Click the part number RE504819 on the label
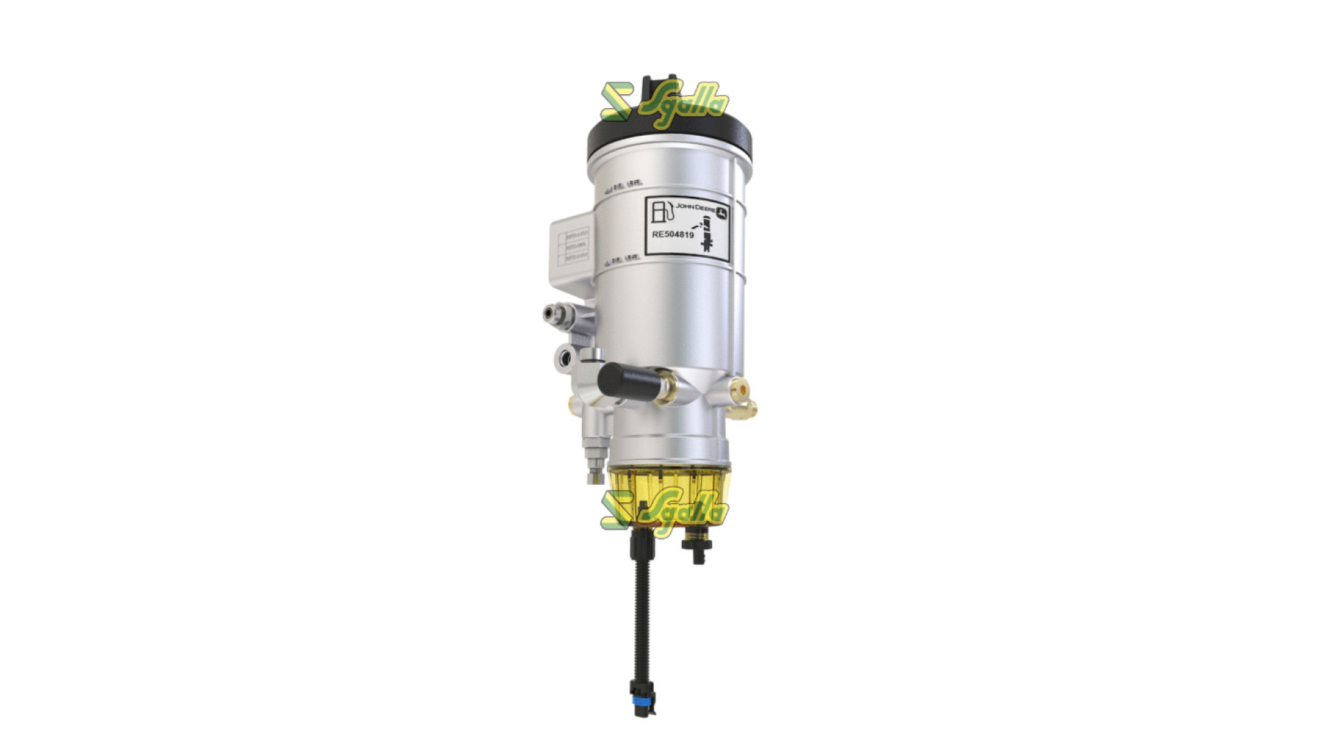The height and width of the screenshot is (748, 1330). click(x=673, y=235)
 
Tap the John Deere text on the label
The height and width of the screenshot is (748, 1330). click(x=695, y=207)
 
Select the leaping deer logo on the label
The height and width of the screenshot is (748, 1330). click(x=722, y=213)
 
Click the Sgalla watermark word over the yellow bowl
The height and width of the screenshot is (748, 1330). click(x=683, y=513)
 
